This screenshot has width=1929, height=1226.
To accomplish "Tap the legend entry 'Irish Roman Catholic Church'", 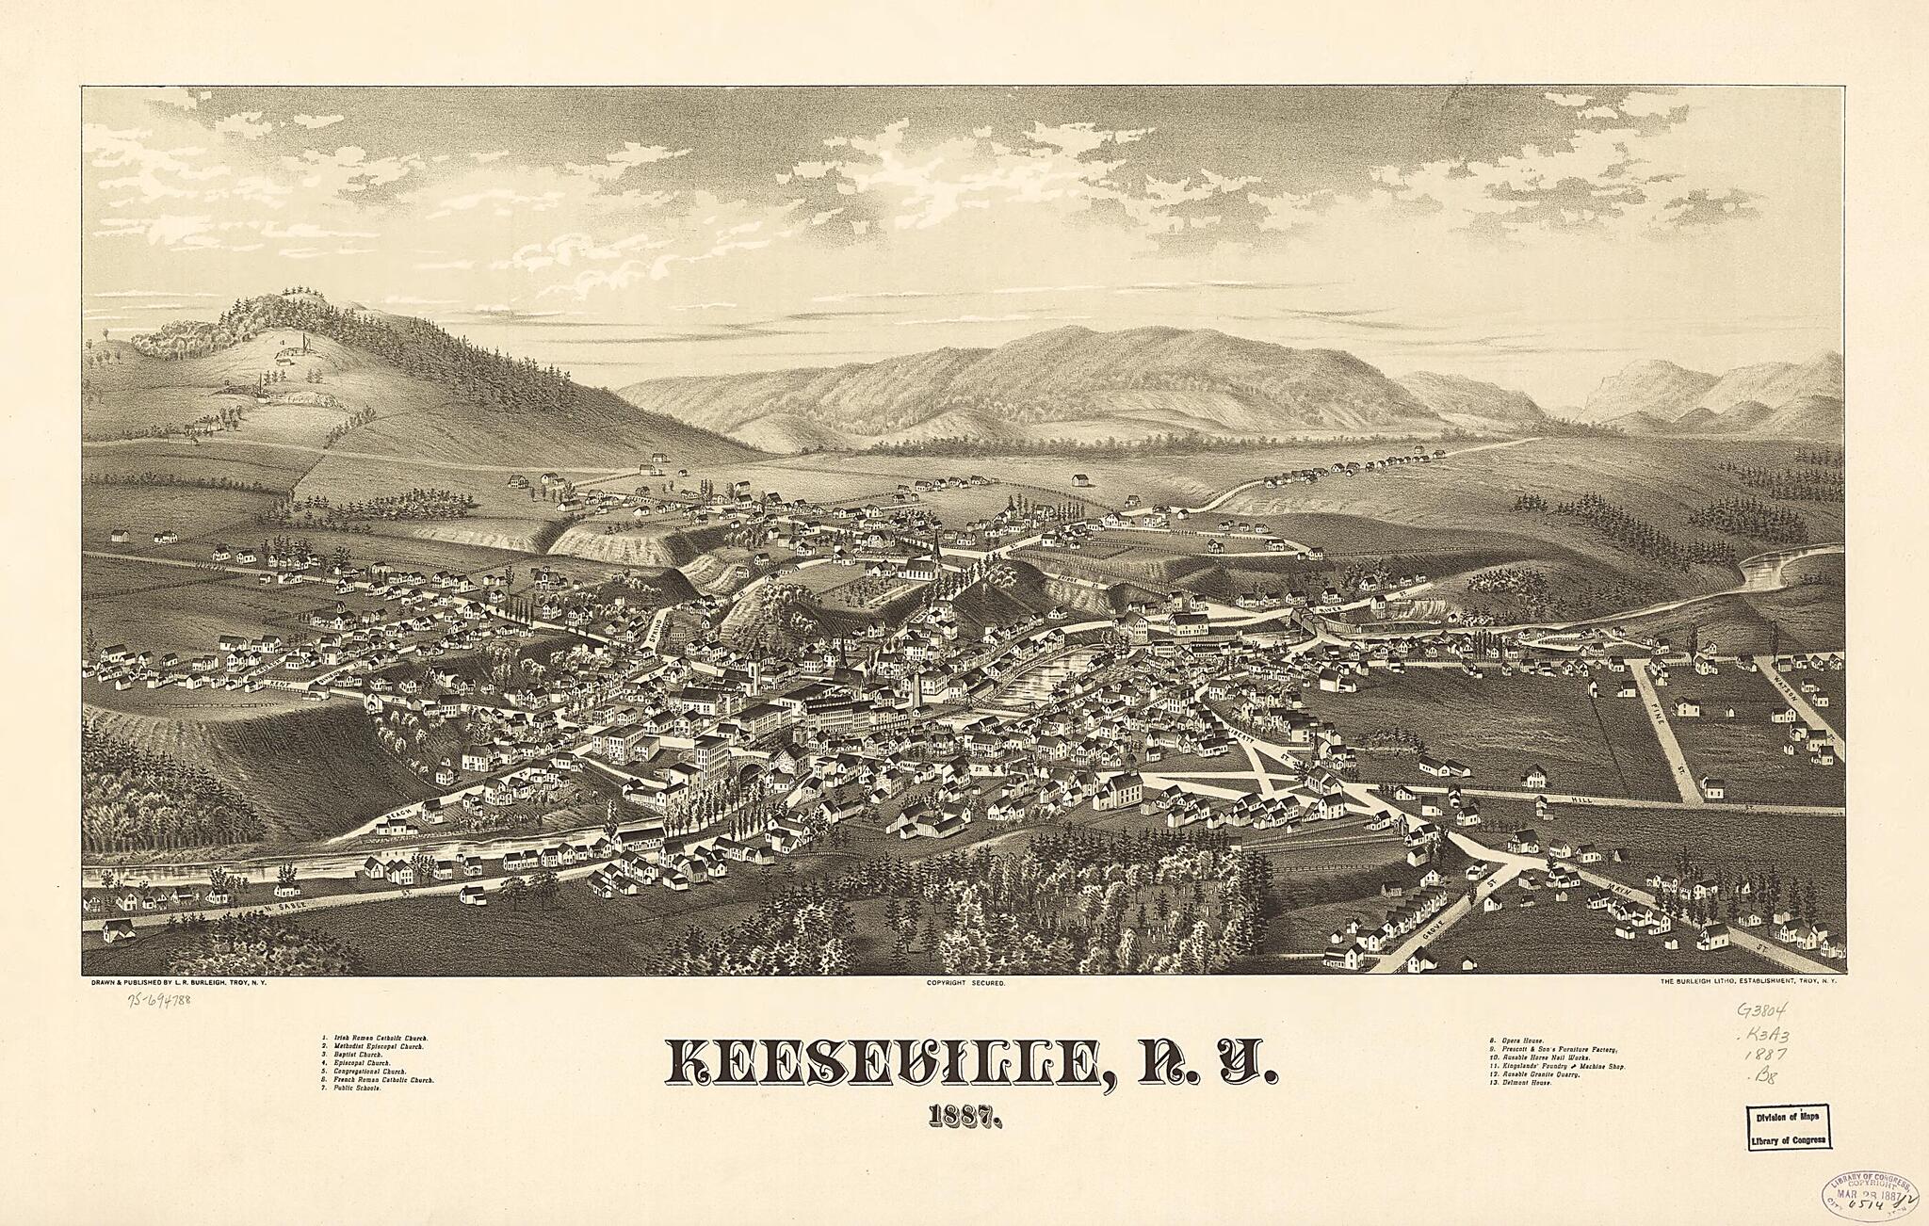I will [377, 1038].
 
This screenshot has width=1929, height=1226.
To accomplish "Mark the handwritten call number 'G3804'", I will [1762, 1012].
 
